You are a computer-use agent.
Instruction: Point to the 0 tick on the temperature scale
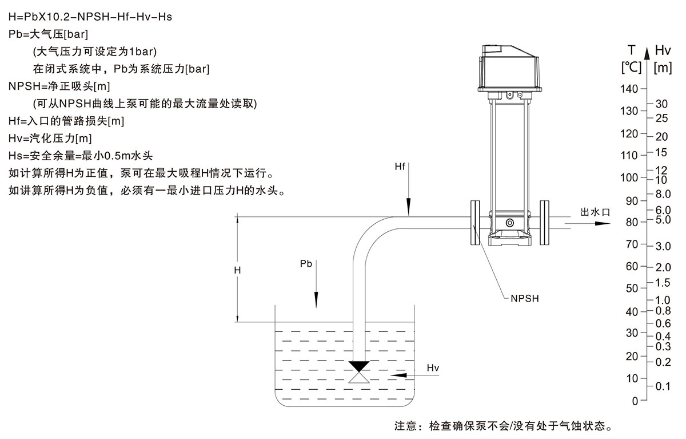pyautogui.click(x=635, y=401)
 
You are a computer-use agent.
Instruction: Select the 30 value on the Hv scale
pyautogui.click(x=661, y=104)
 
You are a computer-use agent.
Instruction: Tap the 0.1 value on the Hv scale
pyautogui.click(x=663, y=386)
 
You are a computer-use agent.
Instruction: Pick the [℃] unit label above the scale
pyautogui.click(x=631, y=68)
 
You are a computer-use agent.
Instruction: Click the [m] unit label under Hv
pyautogui.click(x=663, y=68)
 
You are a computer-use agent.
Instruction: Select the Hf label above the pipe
pyautogui.click(x=400, y=167)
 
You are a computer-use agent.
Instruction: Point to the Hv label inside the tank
pyautogui.click(x=433, y=367)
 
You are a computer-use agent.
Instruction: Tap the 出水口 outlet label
pyautogui.click(x=596, y=212)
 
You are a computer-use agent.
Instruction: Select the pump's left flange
pyautogui.click(x=475, y=223)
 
